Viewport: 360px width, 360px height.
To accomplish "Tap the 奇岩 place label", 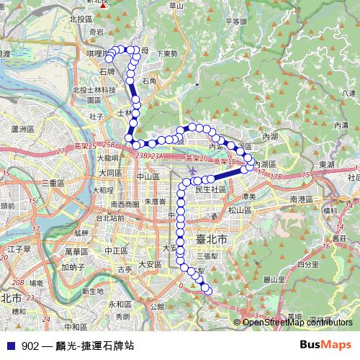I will pyautogui.click(x=98, y=32).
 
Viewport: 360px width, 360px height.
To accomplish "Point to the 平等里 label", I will pyautogui.click(x=236, y=22).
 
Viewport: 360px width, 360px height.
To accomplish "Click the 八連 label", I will pyautogui.click(x=349, y=93).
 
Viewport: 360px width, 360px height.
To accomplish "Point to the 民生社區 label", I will pyautogui.click(x=211, y=189).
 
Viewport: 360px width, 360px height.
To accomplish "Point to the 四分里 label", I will pyautogui.click(x=307, y=264).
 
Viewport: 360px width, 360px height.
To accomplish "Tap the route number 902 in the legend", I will pyautogui.click(x=30, y=345).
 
